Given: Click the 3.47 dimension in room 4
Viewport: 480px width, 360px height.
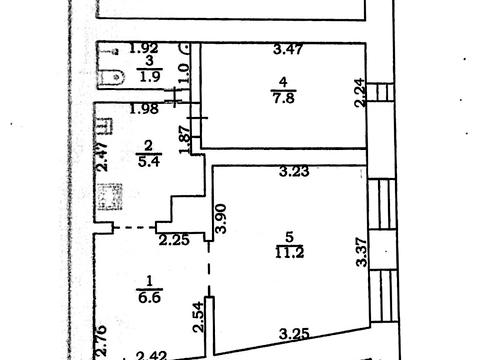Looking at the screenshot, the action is coord(288,49).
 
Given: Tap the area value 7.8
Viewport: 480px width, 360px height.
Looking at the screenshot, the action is coord(283,98).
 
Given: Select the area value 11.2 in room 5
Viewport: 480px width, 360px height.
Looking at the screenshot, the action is coord(289,253).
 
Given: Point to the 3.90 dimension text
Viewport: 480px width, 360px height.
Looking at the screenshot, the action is coord(221,218).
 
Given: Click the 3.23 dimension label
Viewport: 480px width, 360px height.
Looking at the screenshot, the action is coord(294,172).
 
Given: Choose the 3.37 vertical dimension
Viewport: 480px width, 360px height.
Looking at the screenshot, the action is coord(362,252).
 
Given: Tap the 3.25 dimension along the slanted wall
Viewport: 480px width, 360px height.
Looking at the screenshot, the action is coord(294,334).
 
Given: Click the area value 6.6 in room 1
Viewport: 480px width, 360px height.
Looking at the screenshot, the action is coord(149,297).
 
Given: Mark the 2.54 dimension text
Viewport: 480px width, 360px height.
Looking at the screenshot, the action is coord(199,317).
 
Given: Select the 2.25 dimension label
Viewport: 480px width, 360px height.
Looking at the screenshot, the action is coord(174,240).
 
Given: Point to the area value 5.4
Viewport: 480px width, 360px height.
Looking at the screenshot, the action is coord(149,161).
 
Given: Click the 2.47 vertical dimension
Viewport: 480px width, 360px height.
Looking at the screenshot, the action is coord(102,157).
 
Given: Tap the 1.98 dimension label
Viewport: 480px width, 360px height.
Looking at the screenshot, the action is coord(144,109).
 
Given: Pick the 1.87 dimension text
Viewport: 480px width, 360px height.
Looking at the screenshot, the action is coord(184,140).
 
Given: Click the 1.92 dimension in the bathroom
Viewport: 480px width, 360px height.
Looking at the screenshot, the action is coord(144,49).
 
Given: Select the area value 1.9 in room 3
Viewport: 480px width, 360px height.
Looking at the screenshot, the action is coord(150,77).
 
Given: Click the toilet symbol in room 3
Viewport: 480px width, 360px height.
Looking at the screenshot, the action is coord(111,77).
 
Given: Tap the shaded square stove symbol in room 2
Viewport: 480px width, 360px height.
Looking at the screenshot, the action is coord(110,197).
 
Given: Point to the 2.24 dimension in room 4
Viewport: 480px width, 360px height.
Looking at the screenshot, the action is coord(360,92).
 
